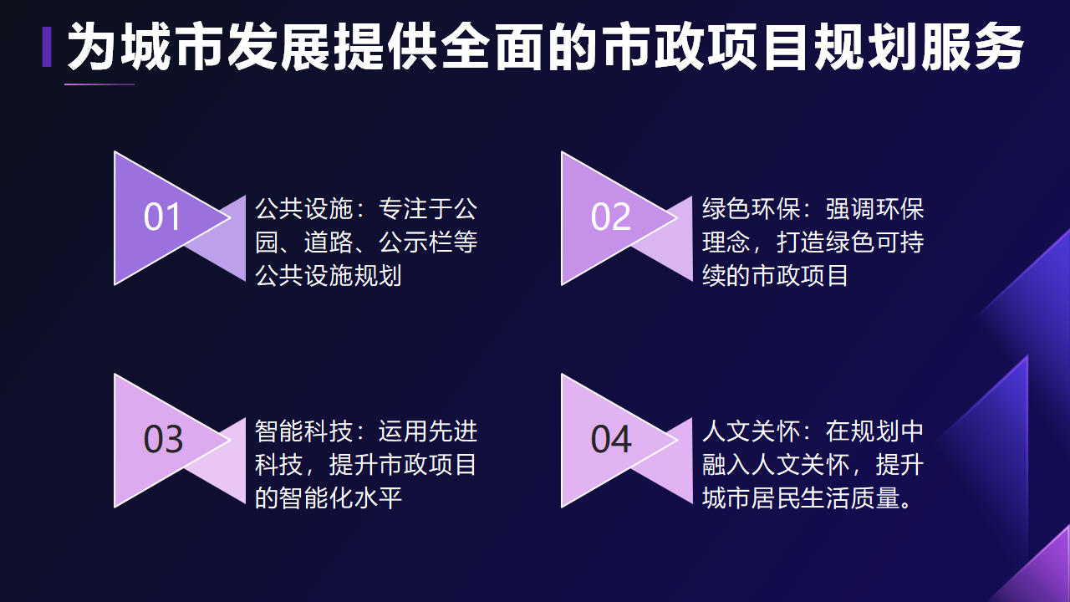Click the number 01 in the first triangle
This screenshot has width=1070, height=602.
pos(162,217)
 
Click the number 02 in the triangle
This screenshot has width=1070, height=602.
pos(610,217)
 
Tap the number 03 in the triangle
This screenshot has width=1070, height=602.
pos(163,440)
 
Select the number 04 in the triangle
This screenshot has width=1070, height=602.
pos(611,440)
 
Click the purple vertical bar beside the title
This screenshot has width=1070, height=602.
pos(47,47)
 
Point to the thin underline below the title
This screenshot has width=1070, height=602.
pos(99,84)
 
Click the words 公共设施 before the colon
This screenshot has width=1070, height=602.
pos(303,209)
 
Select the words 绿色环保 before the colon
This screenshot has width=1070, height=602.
pos(751,209)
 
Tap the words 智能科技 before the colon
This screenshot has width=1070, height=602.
pos(303,431)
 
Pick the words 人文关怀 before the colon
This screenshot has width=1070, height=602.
pos(751,431)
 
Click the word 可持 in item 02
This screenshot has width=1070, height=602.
pos(899,242)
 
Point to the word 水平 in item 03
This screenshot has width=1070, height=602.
pos(378,497)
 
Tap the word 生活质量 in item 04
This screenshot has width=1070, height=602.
pos(851,497)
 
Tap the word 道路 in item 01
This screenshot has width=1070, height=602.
pos(329,242)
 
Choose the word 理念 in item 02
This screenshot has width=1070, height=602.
pos(726,242)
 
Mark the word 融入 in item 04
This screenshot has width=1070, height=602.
pos(726,464)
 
